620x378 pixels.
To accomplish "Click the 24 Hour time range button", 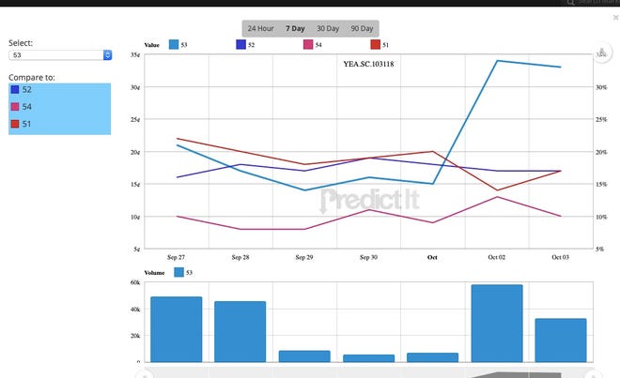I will (x=260, y=29).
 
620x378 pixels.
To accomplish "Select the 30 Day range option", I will (x=328, y=29).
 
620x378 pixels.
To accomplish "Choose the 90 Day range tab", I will (x=361, y=29).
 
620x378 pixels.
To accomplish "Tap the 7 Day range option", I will (x=294, y=29).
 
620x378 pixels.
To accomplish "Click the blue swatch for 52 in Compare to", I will (x=14, y=89).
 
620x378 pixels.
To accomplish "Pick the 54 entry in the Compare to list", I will (x=27, y=106).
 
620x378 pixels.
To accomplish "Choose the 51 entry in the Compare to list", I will (x=27, y=124).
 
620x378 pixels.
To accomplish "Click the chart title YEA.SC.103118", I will (x=378, y=65).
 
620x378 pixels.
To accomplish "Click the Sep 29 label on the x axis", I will (x=303, y=256).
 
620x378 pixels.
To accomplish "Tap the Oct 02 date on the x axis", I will (x=496, y=256).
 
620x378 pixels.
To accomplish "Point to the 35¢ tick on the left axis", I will (x=135, y=55).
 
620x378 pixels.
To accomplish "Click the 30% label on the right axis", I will (x=601, y=87).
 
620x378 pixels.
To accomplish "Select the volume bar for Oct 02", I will (x=497, y=323).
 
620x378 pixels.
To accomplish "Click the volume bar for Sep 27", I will (x=176, y=328).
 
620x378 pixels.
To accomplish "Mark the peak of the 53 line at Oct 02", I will (x=496, y=61).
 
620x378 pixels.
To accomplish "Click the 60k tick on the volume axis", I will (x=135, y=281).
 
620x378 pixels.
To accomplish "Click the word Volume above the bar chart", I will (x=155, y=272).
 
